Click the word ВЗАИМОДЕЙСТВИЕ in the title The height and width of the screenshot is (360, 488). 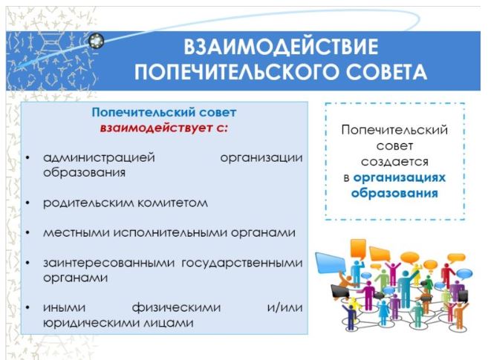click(281, 47)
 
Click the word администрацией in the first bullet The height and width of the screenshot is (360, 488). click(99, 157)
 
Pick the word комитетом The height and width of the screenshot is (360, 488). click(172, 203)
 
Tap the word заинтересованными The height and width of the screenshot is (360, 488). click(109, 263)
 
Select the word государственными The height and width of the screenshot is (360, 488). click(242, 263)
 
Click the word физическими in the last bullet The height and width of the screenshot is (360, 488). click(177, 308)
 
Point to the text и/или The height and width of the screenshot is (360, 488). click(284, 307)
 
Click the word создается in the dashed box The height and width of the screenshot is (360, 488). click(394, 162)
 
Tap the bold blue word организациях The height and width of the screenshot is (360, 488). click(400, 178)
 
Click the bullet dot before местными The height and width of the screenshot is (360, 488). click(27, 233)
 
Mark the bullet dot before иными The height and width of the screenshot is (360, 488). click(27, 308)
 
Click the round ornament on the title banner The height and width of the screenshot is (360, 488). click(96, 41)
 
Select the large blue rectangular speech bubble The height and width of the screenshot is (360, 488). click(330, 263)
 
